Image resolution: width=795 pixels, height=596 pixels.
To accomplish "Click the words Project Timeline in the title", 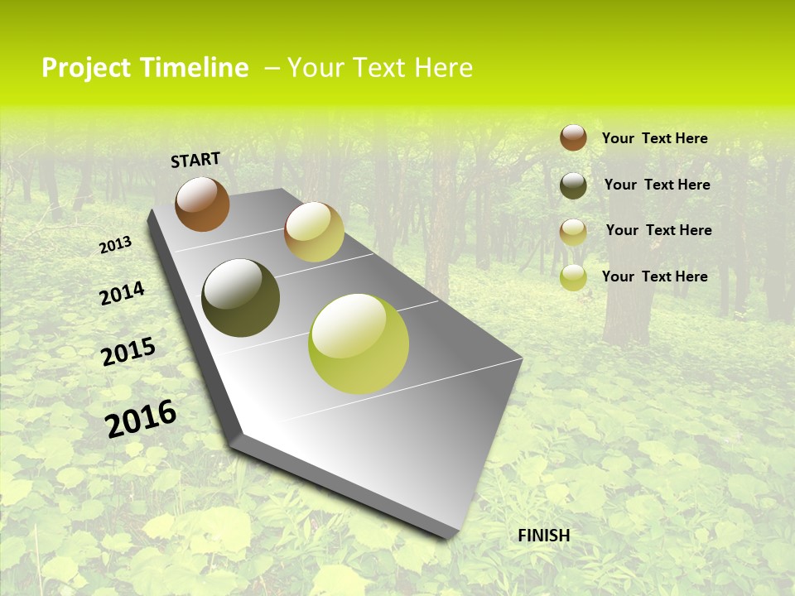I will pos(145,68).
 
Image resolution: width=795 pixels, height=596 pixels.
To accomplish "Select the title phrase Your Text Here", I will pos(380,68).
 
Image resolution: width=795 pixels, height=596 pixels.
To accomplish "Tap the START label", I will pos(195,160).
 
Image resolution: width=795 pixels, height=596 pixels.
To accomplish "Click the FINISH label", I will pos(544,536).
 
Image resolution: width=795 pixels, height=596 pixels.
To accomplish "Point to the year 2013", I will pos(115,245).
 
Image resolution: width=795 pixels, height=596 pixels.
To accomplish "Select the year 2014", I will pos(122,293).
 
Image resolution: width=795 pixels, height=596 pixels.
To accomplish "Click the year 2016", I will pos(141,418).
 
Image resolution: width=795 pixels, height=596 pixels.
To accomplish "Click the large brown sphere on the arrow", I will pos(202,204).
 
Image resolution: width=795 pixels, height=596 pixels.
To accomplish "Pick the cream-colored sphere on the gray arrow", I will pos(314,232).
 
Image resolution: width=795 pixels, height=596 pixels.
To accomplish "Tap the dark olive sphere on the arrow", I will pos(241,298).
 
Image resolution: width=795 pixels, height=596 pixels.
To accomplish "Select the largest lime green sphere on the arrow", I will pos(359,344).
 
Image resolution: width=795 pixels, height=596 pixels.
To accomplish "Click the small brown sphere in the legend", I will pos(573,137).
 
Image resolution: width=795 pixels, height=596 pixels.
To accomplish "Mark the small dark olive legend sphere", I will pos(573,185).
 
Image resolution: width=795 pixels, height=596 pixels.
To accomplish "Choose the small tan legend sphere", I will pos(573,232).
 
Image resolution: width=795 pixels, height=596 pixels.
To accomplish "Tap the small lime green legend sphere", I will pos(573,277).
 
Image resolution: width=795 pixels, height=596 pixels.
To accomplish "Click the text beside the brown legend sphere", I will pos(654,138).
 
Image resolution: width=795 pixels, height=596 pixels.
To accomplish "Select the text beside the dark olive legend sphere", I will pos(657,185).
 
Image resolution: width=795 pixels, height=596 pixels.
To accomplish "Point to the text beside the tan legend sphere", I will pos(658,230).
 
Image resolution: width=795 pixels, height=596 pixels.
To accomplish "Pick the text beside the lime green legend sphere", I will pos(654,276).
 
